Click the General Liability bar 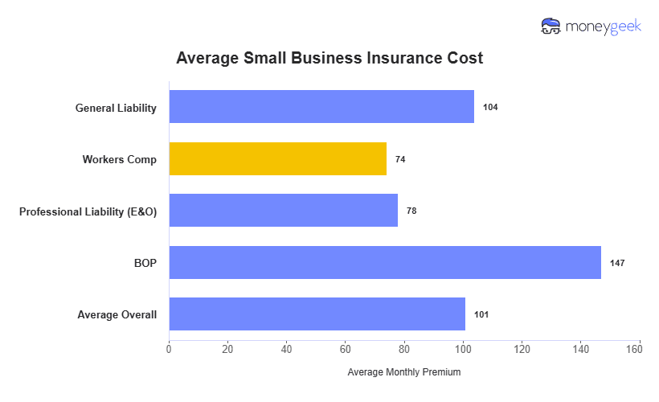tap(321, 107)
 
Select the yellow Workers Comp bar tap(277, 158)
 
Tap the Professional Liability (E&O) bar tap(283, 211)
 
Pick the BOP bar tap(385, 262)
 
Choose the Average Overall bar tap(317, 314)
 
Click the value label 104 tap(490, 107)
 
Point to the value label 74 tap(400, 159)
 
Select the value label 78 tap(411, 211)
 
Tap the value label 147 tap(617, 263)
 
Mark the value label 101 tap(481, 314)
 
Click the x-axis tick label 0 tap(169, 349)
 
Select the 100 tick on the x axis tap(463, 349)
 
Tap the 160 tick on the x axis tap(640, 349)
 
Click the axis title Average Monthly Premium tap(403, 372)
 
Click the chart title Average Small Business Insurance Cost tap(329, 59)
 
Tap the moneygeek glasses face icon tap(551, 27)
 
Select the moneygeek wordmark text tap(604, 27)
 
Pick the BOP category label tap(145, 263)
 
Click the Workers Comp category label tap(119, 159)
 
